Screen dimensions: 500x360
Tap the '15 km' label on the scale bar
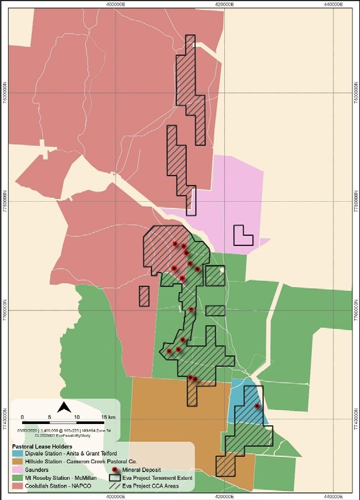108,416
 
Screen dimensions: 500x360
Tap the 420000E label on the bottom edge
225,496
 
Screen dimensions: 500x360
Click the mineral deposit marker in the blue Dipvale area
257,406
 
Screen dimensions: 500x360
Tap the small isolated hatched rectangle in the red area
144,296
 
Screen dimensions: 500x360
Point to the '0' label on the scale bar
22,416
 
